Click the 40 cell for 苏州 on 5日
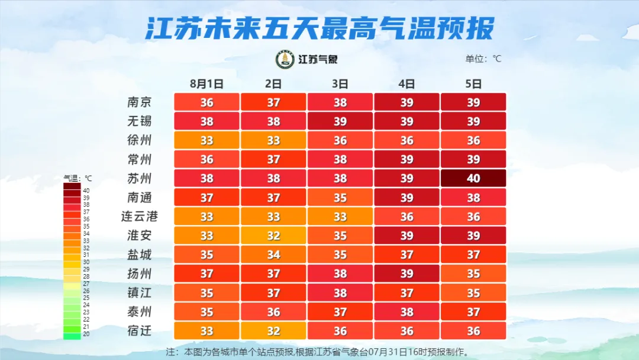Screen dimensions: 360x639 coord(473,178)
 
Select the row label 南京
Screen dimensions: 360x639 coord(140,102)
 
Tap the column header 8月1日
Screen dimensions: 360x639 coord(206,83)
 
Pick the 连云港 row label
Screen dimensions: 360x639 coord(140,216)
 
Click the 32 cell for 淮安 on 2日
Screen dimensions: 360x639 coord(273,236)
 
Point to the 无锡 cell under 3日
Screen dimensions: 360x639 coord(340,121)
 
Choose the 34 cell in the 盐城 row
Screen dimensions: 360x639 coord(273,255)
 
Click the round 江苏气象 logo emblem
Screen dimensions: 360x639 coord(285,59)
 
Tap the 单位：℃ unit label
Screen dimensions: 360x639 coord(483,59)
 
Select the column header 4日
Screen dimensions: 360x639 coord(406,83)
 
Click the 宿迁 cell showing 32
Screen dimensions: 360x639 coord(273,330)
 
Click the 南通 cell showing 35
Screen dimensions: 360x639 coord(340,197)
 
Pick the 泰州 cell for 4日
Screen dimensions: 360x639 coord(406,311)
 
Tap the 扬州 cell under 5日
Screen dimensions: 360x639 coord(473,274)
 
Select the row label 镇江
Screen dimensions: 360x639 coord(140,292)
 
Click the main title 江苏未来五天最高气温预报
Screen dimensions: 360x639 coord(319,28)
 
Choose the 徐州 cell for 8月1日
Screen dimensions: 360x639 coord(206,140)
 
